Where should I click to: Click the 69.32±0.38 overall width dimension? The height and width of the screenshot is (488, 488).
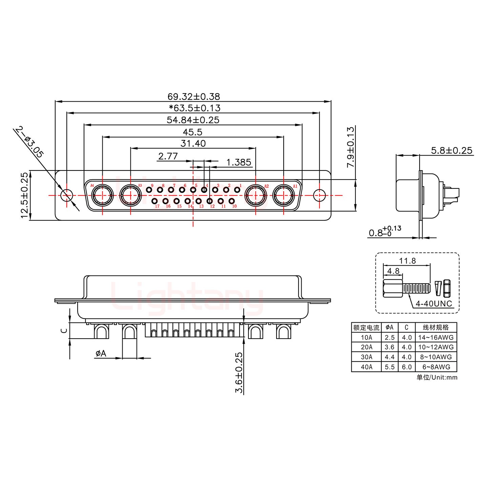194,97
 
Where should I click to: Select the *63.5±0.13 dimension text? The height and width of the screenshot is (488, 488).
195,108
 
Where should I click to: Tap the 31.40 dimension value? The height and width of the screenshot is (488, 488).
193,143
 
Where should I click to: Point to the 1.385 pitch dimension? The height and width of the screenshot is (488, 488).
239,162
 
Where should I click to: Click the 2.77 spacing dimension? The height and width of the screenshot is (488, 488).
168,156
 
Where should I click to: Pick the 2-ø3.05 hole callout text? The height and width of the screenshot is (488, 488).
29,142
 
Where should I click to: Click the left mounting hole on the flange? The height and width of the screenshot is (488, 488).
67,195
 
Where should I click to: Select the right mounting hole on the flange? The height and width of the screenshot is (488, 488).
319,195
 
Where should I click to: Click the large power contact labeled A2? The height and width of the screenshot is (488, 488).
255,196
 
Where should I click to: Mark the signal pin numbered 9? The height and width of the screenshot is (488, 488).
149,190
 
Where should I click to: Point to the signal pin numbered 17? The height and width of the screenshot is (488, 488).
155,201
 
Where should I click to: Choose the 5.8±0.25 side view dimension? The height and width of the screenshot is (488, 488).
452,150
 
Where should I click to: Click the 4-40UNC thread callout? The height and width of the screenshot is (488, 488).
434,303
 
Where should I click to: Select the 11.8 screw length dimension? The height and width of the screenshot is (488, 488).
407,261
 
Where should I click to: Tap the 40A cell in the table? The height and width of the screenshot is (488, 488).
366,367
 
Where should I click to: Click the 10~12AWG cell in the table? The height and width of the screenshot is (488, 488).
436,347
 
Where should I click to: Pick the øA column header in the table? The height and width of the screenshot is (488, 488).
389,327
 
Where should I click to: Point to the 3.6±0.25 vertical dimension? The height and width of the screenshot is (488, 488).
239,373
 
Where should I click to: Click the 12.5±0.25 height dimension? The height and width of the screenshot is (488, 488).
24,196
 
